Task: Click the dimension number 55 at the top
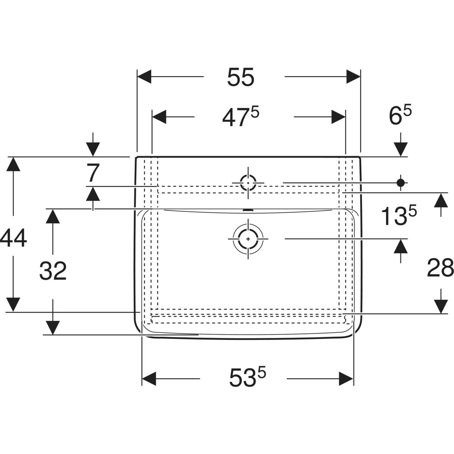(241, 77)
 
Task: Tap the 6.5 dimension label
(400, 115)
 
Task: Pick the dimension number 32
(53, 271)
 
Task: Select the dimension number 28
(440, 267)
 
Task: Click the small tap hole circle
(248, 183)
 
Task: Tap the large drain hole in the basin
(248, 239)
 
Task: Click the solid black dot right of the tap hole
(401, 182)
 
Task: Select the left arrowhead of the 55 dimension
(144, 76)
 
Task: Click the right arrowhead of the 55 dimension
(353, 76)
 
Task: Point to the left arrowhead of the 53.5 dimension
(149, 379)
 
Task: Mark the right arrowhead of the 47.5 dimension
(338, 117)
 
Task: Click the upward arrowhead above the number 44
(13, 164)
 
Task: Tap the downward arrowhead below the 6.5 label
(401, 149)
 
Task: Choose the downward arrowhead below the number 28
(441, 306)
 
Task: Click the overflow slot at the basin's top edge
(248, 210)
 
